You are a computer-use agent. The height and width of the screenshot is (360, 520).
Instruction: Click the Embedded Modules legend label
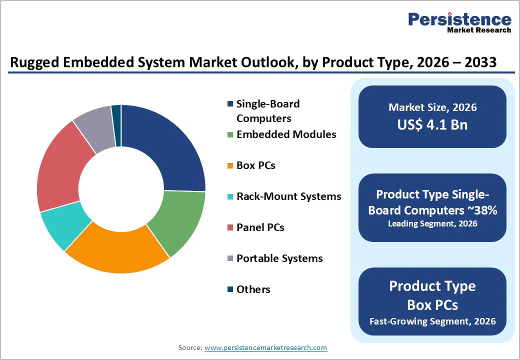tap(286, 134)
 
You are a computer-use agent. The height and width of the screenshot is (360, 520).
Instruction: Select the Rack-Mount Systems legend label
tap(288, 196)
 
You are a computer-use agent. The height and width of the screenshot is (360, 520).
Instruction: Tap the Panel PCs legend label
tap(260, 227)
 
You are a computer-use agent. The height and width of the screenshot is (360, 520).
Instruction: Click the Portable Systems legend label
tap(279, 258)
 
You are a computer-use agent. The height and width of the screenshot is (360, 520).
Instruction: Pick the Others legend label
tap(253, 289)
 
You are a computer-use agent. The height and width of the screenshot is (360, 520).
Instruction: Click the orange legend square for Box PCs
tap(230, 166)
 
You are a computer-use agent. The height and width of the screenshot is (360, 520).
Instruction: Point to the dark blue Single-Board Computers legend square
tap(230, 104)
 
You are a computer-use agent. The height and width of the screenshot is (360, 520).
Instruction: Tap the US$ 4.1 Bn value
tap(432, 124)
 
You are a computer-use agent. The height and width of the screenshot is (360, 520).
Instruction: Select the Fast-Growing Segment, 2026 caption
tap(432, 320)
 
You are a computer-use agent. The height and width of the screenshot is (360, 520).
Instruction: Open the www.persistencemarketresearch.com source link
tap(266, 347)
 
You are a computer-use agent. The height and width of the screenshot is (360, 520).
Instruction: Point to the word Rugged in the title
tap(34, 62)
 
